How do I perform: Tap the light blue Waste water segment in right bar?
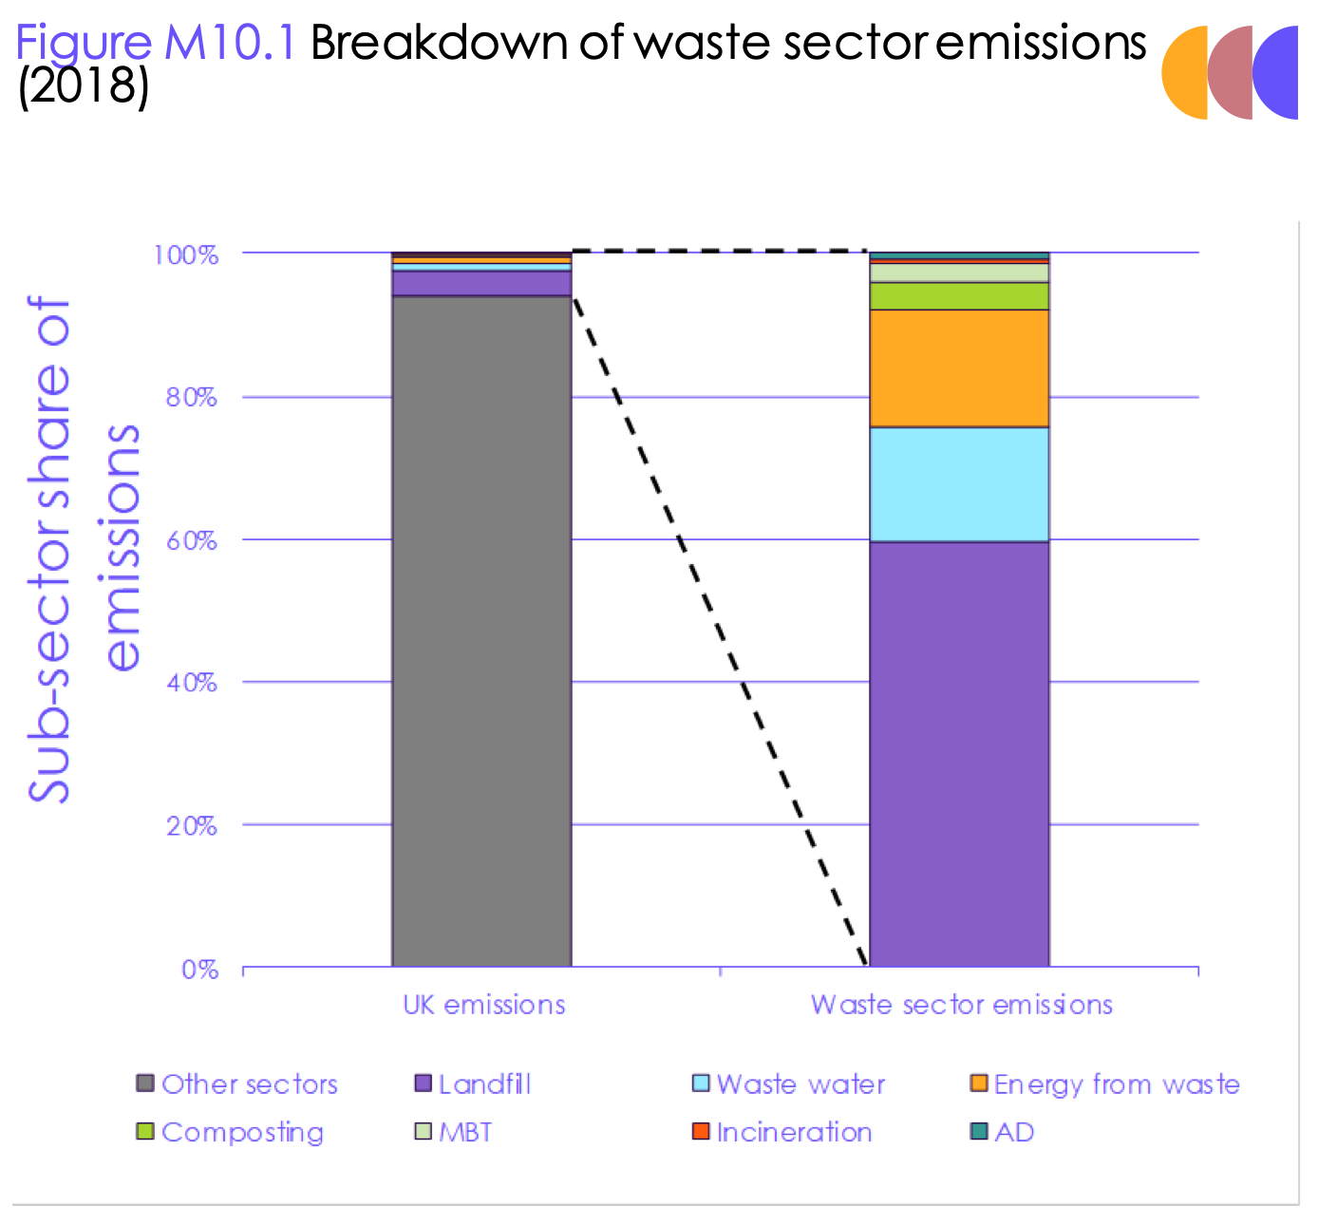click(959, 484)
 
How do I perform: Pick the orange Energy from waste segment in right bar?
click(959, 368)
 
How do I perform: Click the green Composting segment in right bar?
click(959, 296)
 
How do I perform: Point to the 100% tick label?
click(186, 255)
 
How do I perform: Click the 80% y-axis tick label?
click(191, 398)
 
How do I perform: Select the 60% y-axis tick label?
click(191, 541)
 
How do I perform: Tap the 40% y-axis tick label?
click(191, 684)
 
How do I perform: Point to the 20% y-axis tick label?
click(191, 826)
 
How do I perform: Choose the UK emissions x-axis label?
click(484, 1005)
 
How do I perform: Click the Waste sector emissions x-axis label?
click(961, 1005)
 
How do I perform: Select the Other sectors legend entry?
click(237, 1084)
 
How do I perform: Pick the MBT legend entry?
click(455, 1132)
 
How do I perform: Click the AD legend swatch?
click(979, 1131)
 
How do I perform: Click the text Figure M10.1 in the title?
click(157, 43)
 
